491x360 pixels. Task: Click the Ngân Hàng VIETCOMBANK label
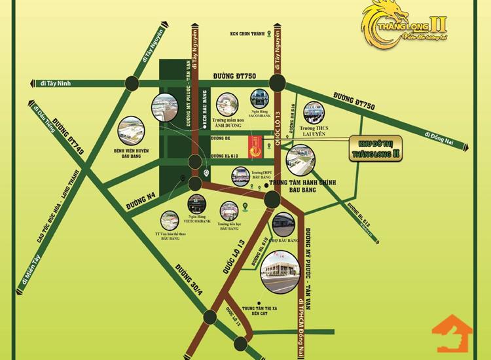[194, 219]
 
